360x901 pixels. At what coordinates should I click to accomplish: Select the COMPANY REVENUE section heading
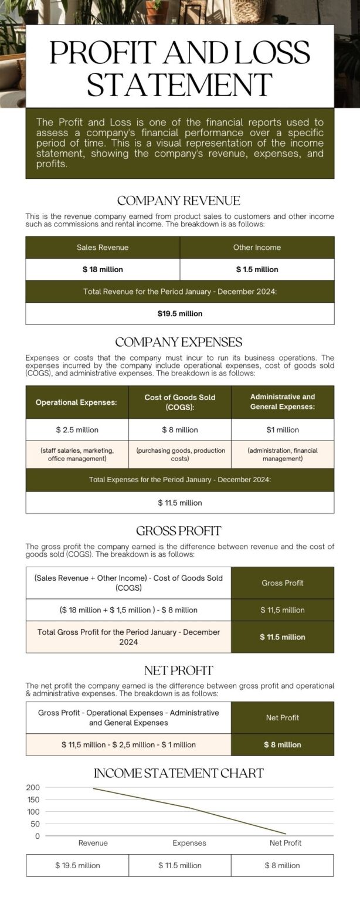point(179,201)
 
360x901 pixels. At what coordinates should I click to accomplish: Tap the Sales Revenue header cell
point(103,248)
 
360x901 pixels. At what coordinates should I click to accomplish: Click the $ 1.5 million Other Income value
point(257,270)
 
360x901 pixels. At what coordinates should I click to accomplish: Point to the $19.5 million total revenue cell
point(179,314)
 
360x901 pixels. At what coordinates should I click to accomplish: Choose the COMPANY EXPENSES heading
point(179,342)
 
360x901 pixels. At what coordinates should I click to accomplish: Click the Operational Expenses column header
point(76,402)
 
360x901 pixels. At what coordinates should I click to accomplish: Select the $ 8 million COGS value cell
point(179,430)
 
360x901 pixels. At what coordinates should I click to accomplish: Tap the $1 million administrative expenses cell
point(283,430)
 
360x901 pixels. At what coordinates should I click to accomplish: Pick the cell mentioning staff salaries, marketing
point(77,455)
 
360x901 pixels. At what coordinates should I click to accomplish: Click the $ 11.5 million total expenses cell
point(179,503)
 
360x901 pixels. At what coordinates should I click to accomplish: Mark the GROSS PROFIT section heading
point(179,531)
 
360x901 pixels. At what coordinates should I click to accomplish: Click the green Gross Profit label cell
point(282,583)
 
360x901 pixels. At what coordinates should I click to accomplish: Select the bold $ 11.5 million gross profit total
point(282,637)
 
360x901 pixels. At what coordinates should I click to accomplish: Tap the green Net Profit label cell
point(282,718)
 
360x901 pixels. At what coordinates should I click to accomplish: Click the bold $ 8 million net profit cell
point(282,745)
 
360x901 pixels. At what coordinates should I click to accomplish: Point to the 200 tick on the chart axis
point(33,787)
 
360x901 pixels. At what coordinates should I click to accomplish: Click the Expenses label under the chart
point(189,843)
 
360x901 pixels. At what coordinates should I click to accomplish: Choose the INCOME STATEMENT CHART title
point(179,773)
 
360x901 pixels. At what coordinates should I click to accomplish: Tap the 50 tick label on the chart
point(35,824)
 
